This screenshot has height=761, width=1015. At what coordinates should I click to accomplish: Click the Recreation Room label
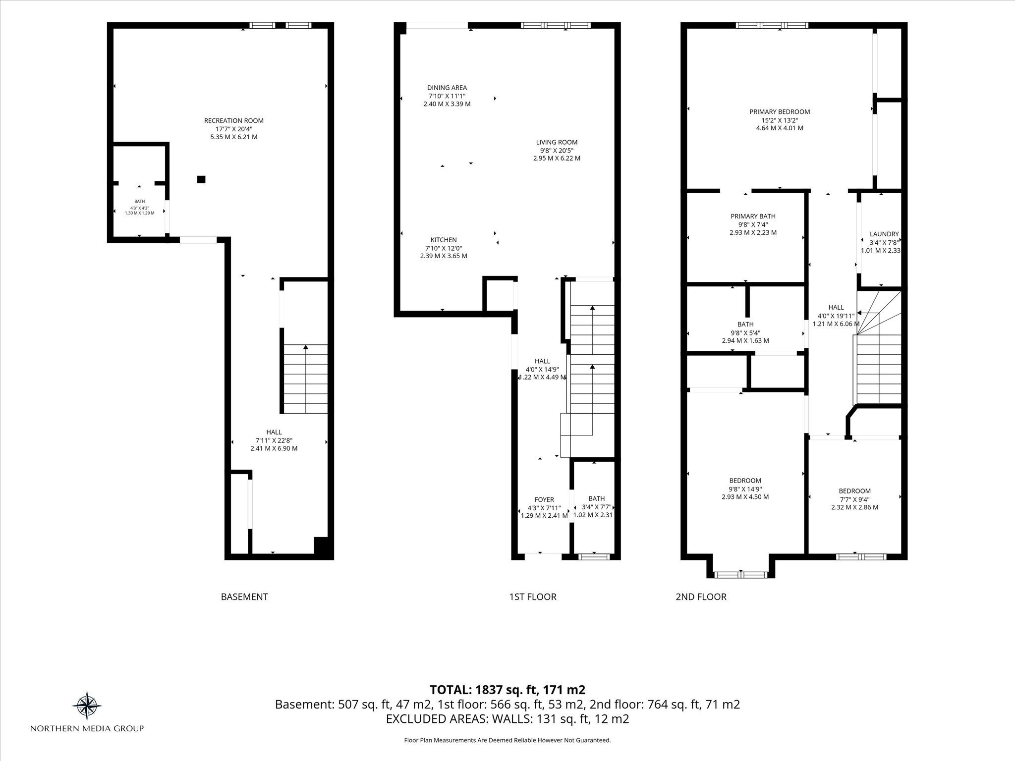(x=234, y=120)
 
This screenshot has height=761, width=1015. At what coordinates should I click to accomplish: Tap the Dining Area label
(x=447, y=88)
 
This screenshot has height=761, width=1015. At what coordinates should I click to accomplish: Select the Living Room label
(x=557, y=142)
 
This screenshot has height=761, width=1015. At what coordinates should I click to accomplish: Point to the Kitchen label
(x=444, y=240)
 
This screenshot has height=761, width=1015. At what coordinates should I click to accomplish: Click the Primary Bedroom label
(x=780, y=112)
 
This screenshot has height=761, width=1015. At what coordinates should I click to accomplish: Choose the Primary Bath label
(x=753, y=216)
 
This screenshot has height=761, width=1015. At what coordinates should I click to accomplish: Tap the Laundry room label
(x=884, y=234)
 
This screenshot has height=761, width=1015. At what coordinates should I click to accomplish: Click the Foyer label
(x=544, y=499)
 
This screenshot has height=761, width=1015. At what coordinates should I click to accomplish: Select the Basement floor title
(x=244, y=597)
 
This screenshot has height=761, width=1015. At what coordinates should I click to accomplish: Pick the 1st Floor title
(x=533, y=597)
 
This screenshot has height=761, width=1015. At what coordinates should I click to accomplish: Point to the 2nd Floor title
(x=701, y=597)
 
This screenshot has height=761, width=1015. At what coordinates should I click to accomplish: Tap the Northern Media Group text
(x=87, y=728)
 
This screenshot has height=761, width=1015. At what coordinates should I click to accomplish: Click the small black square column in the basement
(x=201, y=179)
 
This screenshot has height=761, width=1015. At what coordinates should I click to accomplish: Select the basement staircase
(x=305, y=379)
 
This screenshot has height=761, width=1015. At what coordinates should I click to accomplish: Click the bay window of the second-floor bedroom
(x=740, y=575)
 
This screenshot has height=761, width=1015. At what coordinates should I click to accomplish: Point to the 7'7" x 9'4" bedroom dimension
(x=854, y=499)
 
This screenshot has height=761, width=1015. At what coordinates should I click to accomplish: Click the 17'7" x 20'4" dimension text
(x=234, y=129)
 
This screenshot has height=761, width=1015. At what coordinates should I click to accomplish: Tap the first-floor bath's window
(x=594, y=557)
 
